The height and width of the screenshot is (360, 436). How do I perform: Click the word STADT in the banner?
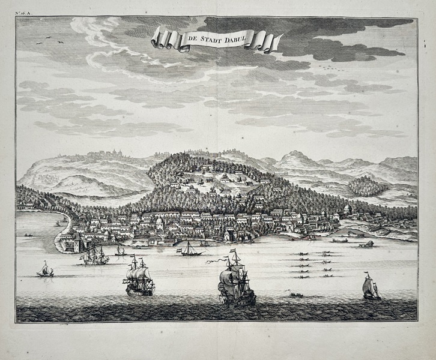click(x=211, y=40)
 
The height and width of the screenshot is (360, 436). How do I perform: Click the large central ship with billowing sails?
click(x=235, y=283)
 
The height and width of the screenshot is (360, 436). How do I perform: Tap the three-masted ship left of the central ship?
click(x=139, y=278)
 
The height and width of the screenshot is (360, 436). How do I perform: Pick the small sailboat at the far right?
click(x=371, y=287)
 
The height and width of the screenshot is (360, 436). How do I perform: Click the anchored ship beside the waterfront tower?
click(x=95, y=256)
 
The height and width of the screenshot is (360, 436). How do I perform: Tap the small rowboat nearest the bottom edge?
click(x=295, y=295)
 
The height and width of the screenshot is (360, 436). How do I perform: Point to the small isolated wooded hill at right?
click(x=367, y=185)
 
